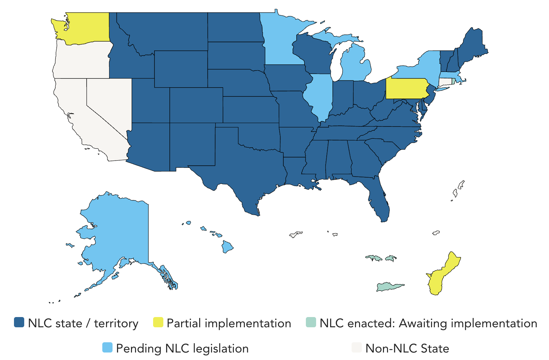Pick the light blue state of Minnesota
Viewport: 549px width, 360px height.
pyautogui.click(x=280, y=41)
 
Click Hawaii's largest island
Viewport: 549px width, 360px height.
pyautogui.click(x=227, y=246)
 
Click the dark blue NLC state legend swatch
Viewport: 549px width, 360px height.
pyautogui.click(x=19, y=322)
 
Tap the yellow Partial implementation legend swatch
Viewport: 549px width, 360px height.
pyautogui.click(x=158, y=322)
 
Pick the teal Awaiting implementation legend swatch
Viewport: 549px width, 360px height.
pyautogui.click(x=311, y=322)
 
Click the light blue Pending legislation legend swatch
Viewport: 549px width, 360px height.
pyautogui.click(x=107, y=348)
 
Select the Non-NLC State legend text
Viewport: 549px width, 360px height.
pyautogui.click(x=407, y=348)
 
